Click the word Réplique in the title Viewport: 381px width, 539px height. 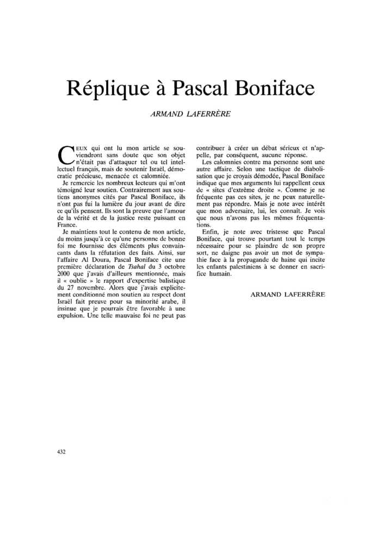point(105,87)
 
